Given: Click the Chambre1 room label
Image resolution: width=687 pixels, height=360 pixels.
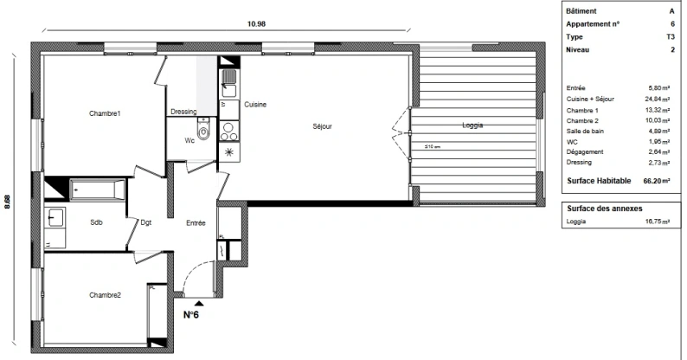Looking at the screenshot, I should click(104, 113).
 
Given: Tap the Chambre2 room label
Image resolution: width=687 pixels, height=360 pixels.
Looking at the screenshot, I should click(105, 295).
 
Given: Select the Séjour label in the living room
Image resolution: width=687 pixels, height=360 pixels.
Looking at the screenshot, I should click(323, 127).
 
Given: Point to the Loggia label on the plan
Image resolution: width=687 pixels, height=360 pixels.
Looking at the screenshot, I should click(472, 126).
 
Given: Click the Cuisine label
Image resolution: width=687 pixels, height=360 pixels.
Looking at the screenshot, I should click(254, 105).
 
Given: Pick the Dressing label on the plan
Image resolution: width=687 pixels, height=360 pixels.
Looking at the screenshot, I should click(183, 112).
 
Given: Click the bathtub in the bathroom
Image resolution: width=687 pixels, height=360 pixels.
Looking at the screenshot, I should click(97, 188).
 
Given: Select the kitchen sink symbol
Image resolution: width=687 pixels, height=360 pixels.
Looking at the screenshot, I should click(228, 83).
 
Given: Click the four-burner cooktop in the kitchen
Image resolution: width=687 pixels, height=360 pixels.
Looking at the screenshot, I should click(229, 132).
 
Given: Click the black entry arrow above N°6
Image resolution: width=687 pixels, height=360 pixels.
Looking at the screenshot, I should click(200, 302).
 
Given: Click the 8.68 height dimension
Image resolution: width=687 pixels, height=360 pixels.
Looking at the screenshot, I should click(9, 201).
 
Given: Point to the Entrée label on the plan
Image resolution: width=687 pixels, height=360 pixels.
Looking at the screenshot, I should click(196, 222).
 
